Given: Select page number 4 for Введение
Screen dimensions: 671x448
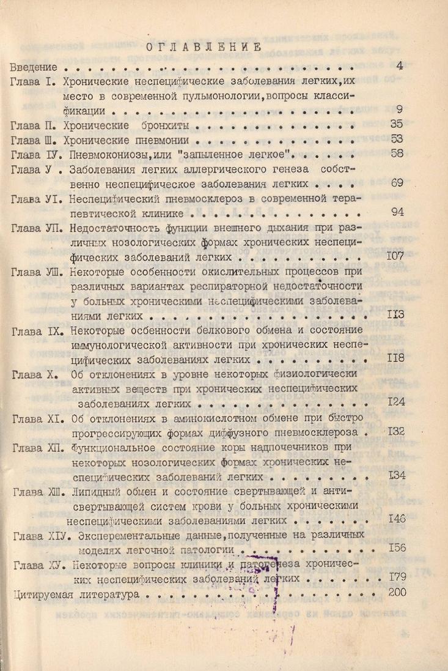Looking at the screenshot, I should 399,66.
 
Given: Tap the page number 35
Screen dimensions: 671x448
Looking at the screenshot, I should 397,124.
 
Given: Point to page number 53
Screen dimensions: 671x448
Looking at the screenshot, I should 397,139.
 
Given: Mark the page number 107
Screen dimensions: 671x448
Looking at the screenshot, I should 395,256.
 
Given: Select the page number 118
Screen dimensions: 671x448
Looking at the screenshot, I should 395,358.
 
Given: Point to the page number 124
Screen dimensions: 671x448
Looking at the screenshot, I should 395,402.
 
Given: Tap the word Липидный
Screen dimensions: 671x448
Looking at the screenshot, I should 95,491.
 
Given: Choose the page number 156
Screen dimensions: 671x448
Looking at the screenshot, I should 397,548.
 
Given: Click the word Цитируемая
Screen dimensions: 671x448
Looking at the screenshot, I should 41,593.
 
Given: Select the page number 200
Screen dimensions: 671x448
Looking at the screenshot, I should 397,592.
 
